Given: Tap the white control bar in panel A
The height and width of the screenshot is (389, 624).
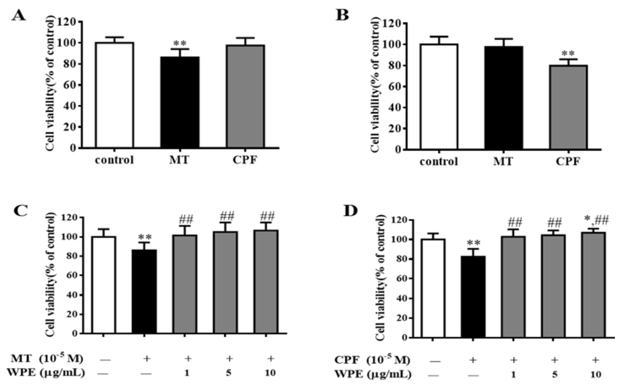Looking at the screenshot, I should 114,95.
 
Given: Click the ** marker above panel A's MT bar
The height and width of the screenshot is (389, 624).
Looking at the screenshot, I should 180,43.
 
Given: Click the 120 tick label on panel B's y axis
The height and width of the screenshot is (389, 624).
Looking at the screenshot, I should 392,24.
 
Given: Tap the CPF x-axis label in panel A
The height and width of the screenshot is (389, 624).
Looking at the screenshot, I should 245,160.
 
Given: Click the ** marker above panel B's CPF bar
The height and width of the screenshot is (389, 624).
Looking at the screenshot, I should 568,54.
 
